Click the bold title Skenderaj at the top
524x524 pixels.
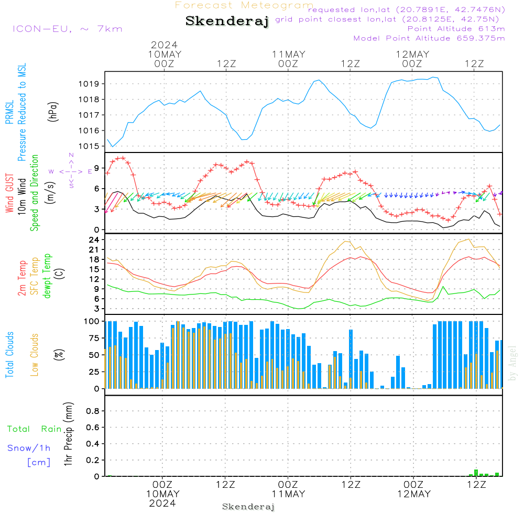[x=227, y=21]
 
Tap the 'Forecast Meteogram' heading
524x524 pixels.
[x=244, y=5]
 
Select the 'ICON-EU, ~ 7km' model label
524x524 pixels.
[x=67, y=28]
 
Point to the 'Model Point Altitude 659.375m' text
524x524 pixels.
[x=429, y=38]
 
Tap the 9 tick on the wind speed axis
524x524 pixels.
[x=97, y=168]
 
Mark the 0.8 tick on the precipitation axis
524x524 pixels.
[x=93, y=411]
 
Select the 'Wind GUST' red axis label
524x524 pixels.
[x=10, y=193]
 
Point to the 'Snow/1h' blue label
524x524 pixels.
[x=29, y=448]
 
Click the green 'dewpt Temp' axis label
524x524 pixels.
[x=47, y=276]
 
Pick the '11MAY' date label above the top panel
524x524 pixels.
[x=288, y=54]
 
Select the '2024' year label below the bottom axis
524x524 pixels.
[x=162, y=503]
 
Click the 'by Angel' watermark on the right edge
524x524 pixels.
[x=513, y=363]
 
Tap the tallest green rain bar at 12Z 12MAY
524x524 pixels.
[x=476, y=473]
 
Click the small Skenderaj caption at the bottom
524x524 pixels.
[x=248, y=507]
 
